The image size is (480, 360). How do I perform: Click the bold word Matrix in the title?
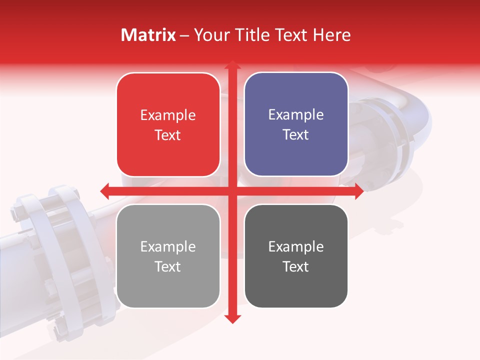point(148,35)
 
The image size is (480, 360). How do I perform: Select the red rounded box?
point(168,125)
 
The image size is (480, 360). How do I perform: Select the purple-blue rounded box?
point(296,124)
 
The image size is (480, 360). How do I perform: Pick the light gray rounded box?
point(168,256)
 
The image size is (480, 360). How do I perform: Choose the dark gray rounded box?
point(296,256)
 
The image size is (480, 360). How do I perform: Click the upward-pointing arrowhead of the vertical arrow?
point(232,65)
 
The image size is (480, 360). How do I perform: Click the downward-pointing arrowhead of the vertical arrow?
point(232,318)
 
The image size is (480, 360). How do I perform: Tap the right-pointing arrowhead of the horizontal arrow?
point(359,191)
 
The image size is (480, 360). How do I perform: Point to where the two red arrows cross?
point(232,191)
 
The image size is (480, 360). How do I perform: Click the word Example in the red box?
point(168,115)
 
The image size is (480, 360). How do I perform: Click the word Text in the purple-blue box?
point(296,135)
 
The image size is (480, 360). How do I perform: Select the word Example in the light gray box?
point(168,247)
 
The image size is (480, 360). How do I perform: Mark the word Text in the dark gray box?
point(296,266)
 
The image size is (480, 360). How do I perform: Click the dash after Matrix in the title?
point(185,35)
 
